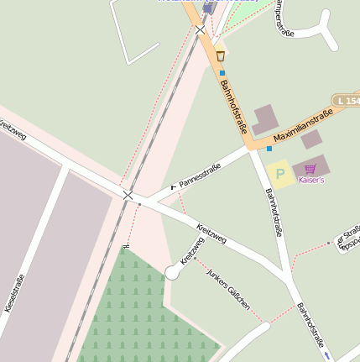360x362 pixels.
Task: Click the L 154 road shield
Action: tap(347, 100)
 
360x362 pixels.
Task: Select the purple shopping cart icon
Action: tap(311, 169)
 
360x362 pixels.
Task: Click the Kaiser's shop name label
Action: tap(311, 180)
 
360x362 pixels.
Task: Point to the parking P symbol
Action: tap(279, 174)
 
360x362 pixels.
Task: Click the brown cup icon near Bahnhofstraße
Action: tap(221, 56)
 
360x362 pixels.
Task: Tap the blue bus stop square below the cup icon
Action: tap(222, 73)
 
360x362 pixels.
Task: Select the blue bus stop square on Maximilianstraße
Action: tap(269, 149)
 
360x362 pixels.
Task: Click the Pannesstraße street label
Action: tap(200, 175)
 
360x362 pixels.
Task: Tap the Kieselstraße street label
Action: tap(15, 294)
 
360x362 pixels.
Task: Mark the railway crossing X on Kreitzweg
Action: tap(128, 195)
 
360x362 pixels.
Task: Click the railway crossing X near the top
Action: tap(200, 30)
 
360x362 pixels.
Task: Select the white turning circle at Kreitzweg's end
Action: tap(172, 272)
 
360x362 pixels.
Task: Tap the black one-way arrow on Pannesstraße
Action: tap(175, 186)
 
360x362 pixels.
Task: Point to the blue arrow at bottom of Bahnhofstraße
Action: tap(327, 356)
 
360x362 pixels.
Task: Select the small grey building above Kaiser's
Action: tap(312, 139)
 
